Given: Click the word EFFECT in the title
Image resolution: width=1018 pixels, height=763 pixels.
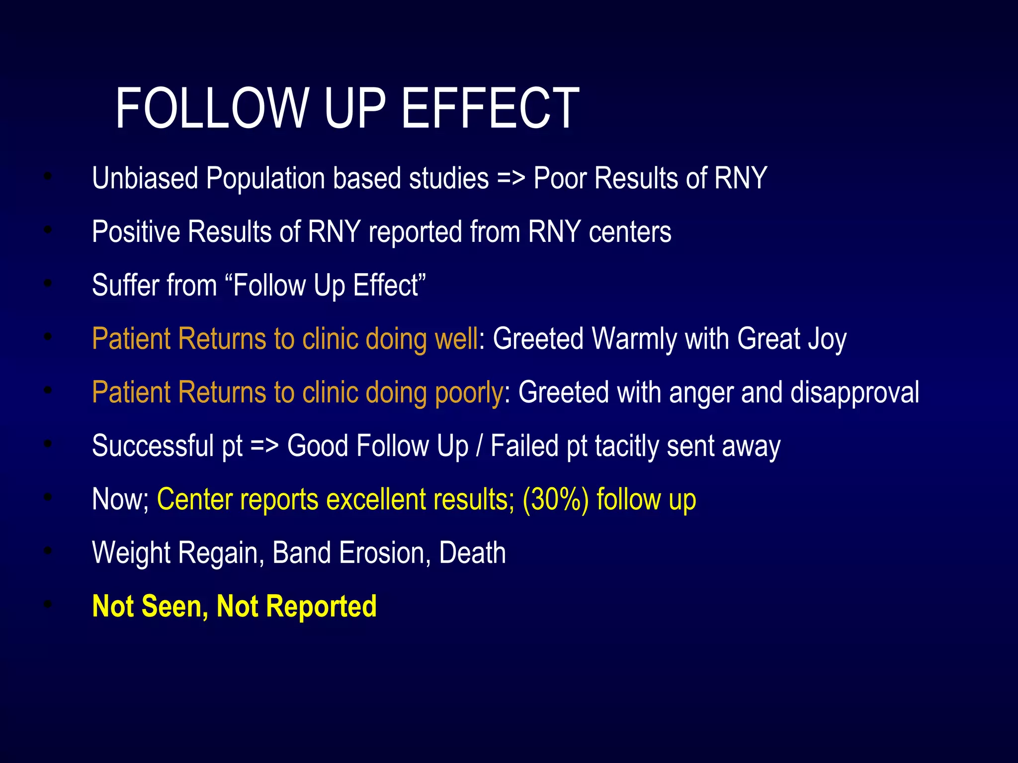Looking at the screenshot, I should tap(490, 108).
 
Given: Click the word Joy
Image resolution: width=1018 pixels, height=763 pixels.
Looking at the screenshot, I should tap(827, 339).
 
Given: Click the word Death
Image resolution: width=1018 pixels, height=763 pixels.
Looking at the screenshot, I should tap(472, 553).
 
